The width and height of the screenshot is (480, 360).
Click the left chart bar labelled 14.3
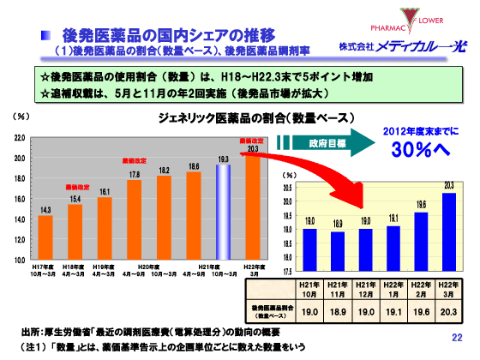point(45,237)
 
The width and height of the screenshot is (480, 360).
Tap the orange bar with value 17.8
point(135,219)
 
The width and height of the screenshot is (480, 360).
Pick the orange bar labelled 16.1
point(105,228)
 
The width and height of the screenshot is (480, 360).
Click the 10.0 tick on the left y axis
point(19,259)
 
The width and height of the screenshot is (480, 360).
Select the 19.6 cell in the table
point(420,312)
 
